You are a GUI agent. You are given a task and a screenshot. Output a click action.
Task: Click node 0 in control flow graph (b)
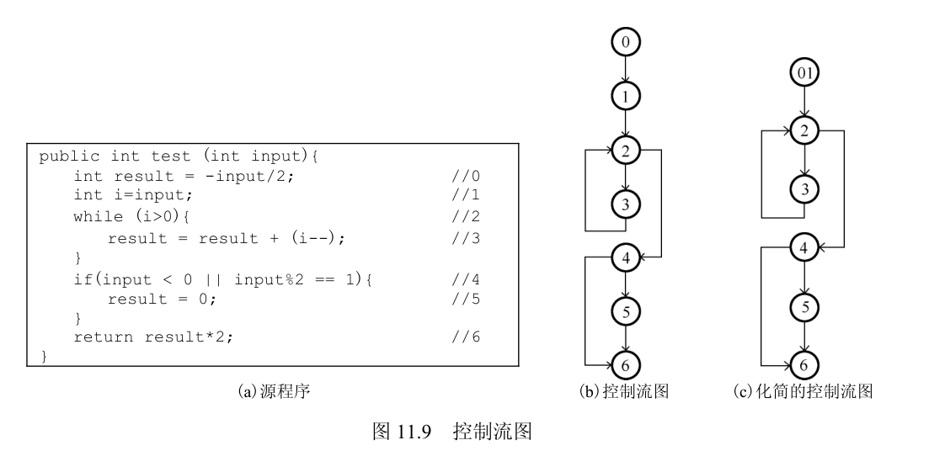[626, 40]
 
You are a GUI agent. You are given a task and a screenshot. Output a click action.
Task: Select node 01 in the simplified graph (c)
[805, 73]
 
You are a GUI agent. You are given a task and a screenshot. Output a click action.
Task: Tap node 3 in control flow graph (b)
[626, 204]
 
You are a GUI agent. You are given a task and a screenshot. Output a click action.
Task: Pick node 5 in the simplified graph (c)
[805, 307]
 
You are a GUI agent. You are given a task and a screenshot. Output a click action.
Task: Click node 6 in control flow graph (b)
[626, 365]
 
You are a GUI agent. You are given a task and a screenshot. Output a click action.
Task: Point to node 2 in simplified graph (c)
[805, 130]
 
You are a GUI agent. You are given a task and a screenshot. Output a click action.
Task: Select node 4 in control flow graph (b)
[626, 257]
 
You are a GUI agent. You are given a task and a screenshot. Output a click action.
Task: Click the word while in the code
[96, 217]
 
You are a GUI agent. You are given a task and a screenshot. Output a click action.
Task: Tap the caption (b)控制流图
[624, 392]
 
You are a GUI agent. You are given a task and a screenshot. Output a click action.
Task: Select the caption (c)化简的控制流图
[804, 392]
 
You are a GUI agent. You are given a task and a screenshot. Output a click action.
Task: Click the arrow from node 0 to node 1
[626, 69]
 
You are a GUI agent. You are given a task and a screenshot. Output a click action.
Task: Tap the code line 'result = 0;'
[162, 299]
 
